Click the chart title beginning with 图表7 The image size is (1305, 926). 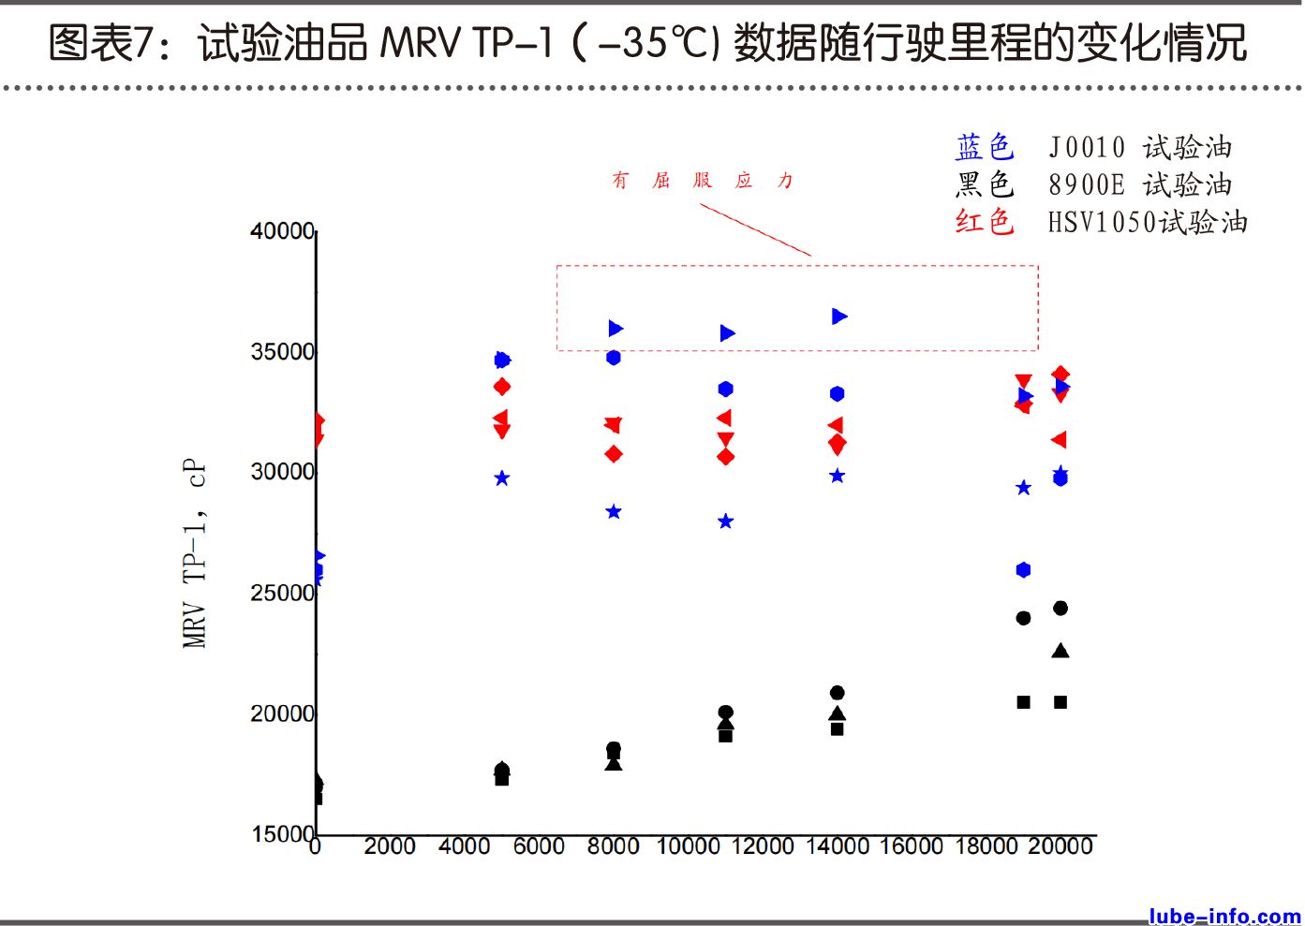point(646,43)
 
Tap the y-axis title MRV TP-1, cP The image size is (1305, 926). point(194,552)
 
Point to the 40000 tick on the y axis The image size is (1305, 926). point(282,231)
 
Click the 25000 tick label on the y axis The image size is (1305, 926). point(282,594)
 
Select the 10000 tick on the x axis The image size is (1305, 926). point(688,846)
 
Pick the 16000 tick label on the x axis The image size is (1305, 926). point(911,846)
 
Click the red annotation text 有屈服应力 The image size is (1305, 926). point(703,181)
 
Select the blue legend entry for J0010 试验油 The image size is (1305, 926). point(1092,147)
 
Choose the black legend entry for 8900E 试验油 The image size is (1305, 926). point(1092,184)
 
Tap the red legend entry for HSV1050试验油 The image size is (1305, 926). point(1100,222)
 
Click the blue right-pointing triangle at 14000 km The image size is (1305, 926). point(839,316)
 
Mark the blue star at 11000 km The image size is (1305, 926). point(726,522)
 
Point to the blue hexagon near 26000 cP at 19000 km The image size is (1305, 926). point(1023,570)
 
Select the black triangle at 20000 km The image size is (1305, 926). point(1060,651)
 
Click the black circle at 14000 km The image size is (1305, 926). point(838,693)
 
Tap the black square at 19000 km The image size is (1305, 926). point(1024,702)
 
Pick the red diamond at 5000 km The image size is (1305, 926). point(502,387)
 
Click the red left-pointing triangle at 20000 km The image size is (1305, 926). point(1060,440)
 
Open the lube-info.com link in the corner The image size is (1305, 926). point(1224,916)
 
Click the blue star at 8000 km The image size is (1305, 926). point(614,512)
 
